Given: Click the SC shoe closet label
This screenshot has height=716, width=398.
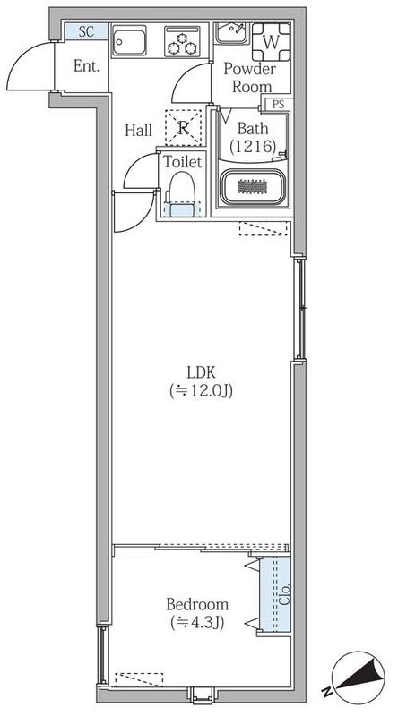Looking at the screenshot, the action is click(x=86, y=32).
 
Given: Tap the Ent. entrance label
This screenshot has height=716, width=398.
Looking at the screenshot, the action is click(x=86, y=66).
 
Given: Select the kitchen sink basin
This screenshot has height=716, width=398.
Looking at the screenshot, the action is click(x=129, y=40).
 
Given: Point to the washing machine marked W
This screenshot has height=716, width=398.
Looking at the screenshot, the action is click(x=271, y=42).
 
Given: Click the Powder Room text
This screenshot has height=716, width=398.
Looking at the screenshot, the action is click(x=250, y=78).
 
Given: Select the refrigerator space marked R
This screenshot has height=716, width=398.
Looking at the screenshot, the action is click(x=183, y=128).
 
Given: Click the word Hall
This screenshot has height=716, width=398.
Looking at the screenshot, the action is click(x=138, y=131).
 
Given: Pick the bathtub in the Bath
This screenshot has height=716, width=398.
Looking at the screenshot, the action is click(x=253, y=187).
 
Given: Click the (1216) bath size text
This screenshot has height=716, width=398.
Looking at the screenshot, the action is click(x=253, y=147).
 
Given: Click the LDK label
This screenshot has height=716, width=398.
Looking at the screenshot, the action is click(x=201, y=372).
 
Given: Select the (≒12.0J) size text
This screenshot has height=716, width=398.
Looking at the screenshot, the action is click(x=201, y=390).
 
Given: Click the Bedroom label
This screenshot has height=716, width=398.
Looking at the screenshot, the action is click(x=197, y=605).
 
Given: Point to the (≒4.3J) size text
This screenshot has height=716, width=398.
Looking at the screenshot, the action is click(x=197, y=622).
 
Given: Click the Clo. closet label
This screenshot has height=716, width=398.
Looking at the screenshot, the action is click(x=284, y=593).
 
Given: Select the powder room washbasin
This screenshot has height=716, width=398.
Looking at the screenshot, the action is click(x=231, y=33).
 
